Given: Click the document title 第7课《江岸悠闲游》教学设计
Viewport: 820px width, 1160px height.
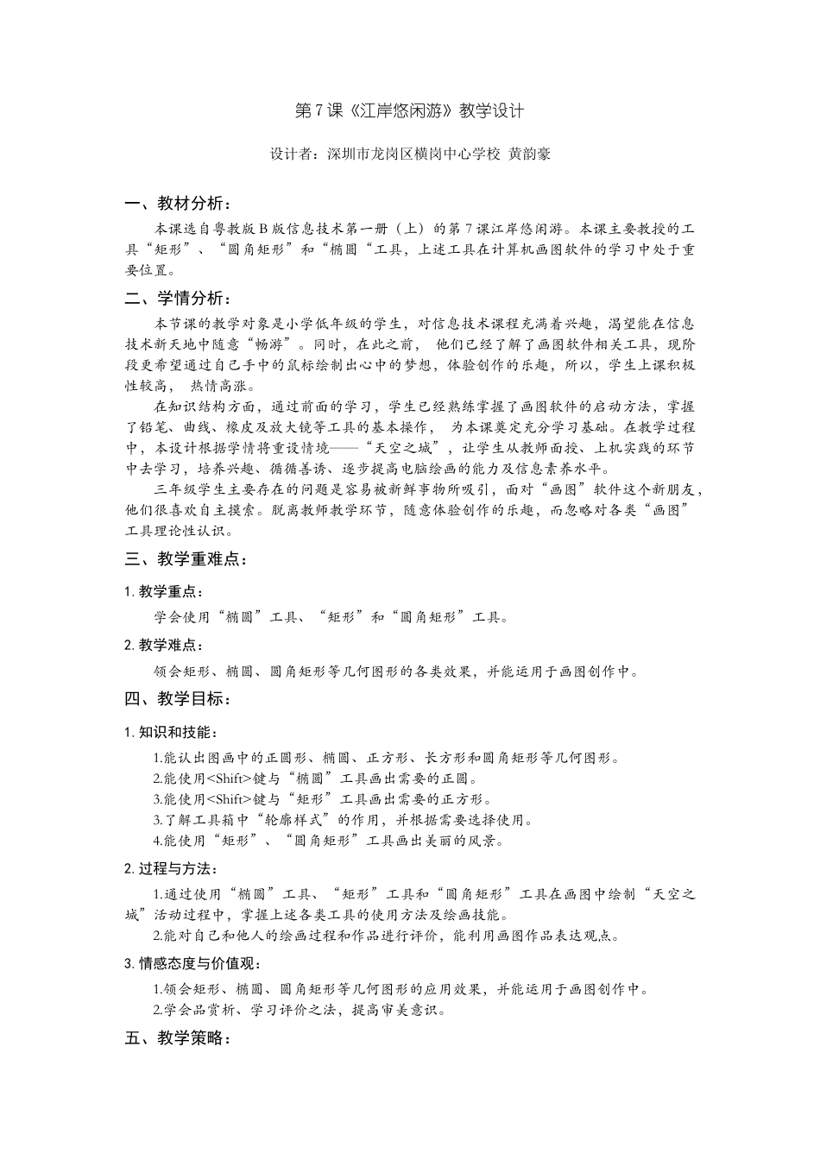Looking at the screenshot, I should coord(409,110).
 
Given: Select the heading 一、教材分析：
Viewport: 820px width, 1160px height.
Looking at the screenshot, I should coord(177,204).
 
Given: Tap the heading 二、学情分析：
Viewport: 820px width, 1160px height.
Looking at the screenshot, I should coord(177,299).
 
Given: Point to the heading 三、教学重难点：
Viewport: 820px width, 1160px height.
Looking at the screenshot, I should coord(186,559).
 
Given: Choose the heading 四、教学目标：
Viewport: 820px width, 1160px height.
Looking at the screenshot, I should coord(177,698).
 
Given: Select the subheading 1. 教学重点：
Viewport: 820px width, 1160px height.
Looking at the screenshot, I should coord(164,591).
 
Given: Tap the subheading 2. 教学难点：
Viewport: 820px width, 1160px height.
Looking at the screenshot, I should coord(164,645).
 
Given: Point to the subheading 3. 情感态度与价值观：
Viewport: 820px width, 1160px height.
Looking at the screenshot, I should coord(193,963).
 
